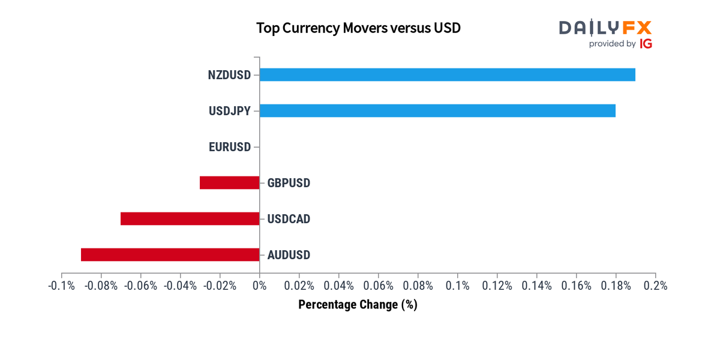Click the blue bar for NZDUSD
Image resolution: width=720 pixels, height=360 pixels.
click(x=447, y=75)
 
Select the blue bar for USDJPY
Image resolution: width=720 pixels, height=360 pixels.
click(x=437, y=111)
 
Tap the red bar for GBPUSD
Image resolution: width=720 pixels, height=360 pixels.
click(x=229, y=183)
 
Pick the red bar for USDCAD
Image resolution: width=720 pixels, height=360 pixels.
click(x=190, y=219)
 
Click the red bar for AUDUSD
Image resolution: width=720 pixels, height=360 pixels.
click(x=170, y=255)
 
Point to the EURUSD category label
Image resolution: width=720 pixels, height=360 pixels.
click(x=230, y=147)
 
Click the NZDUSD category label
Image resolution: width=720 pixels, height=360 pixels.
click(x=229, y=75)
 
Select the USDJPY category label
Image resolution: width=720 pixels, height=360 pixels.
click(x=230, y=111)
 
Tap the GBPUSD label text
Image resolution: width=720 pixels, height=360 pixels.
click(x=289, y=183)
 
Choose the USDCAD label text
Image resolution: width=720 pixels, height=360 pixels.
click(x=289, y=219)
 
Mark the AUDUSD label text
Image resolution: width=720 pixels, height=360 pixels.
click(x=289, y=255)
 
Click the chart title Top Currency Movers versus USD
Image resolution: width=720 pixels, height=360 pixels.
click(x=358, y=28)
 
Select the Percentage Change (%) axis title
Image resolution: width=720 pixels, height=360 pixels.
click(x=358, y=305)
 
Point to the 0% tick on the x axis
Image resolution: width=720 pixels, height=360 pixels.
click(x=259, y=286)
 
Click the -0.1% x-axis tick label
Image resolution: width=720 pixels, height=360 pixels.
click(x=61, y=286)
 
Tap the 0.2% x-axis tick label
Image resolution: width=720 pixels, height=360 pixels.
click(x=655, y=286)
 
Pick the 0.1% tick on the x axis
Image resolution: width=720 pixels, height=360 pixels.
click(x=457, y=286)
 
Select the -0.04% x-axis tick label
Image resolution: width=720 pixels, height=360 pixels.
click(x=180, y=286)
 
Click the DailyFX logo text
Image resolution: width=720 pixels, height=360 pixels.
click(x=605, y=28)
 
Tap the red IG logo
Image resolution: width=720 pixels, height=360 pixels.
click(x=646, y=44)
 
